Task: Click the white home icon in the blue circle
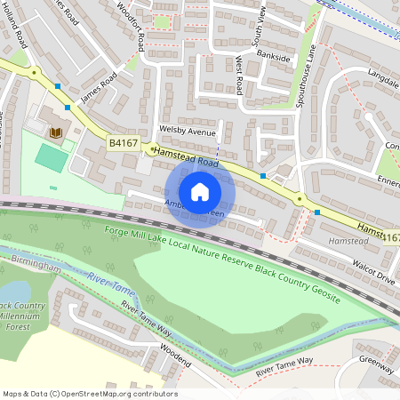(200, 191)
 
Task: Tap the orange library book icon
(56, 132)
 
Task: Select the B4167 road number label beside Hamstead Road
(123, 142)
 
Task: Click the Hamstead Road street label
(185, 158)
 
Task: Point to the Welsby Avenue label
(187, 132)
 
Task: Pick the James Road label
(98, 86)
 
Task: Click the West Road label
(238, 74)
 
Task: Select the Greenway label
(377, 365)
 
